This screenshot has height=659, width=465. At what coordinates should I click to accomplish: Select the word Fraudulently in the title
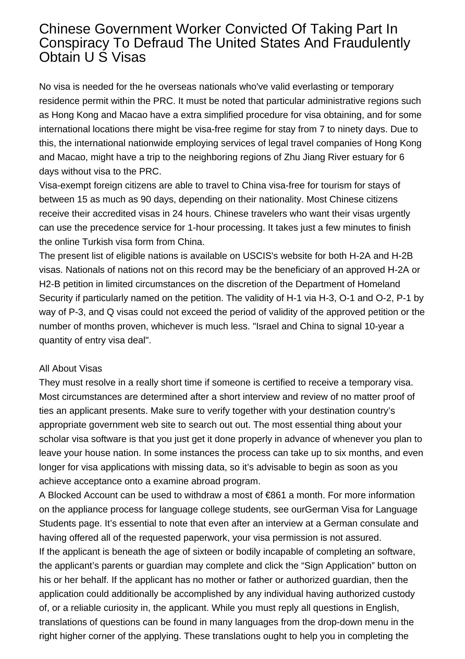[371, 43]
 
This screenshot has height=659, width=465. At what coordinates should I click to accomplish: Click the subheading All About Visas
[70, 368]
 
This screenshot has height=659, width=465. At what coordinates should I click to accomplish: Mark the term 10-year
[379, 326]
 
